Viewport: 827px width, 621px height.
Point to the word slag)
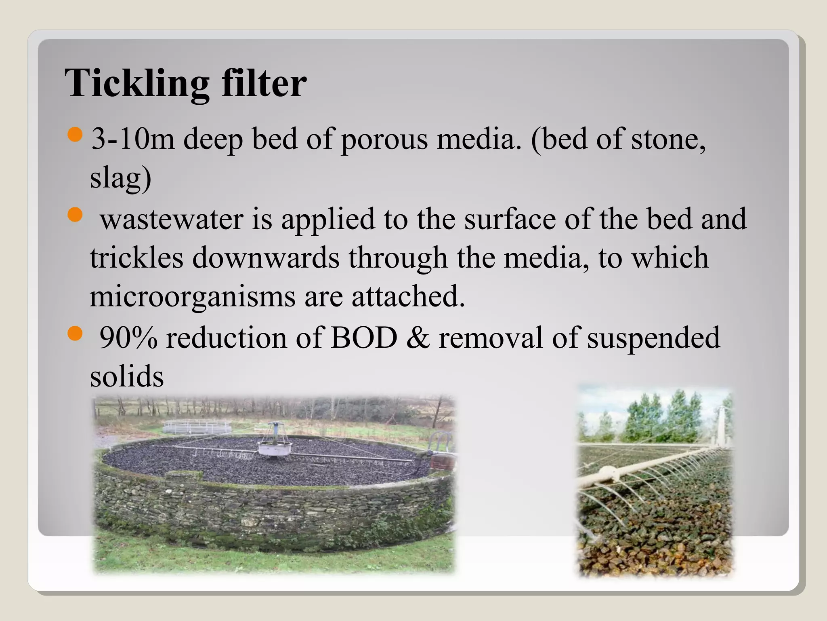tap(120, 178)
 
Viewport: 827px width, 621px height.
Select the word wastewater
tap(171, 219)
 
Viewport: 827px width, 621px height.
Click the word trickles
tap(136, 258)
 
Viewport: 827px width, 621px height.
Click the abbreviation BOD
tap(364, 338)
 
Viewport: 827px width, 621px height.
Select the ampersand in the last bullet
tap(418, 338)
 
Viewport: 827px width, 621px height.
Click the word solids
tap(127, 376)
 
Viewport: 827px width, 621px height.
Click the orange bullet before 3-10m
tap(75, 135)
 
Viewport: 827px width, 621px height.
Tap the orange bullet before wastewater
tap(75, 215)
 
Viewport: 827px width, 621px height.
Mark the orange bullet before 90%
tap(75, 334)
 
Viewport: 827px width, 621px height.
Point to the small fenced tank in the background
tap(197, 426)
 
